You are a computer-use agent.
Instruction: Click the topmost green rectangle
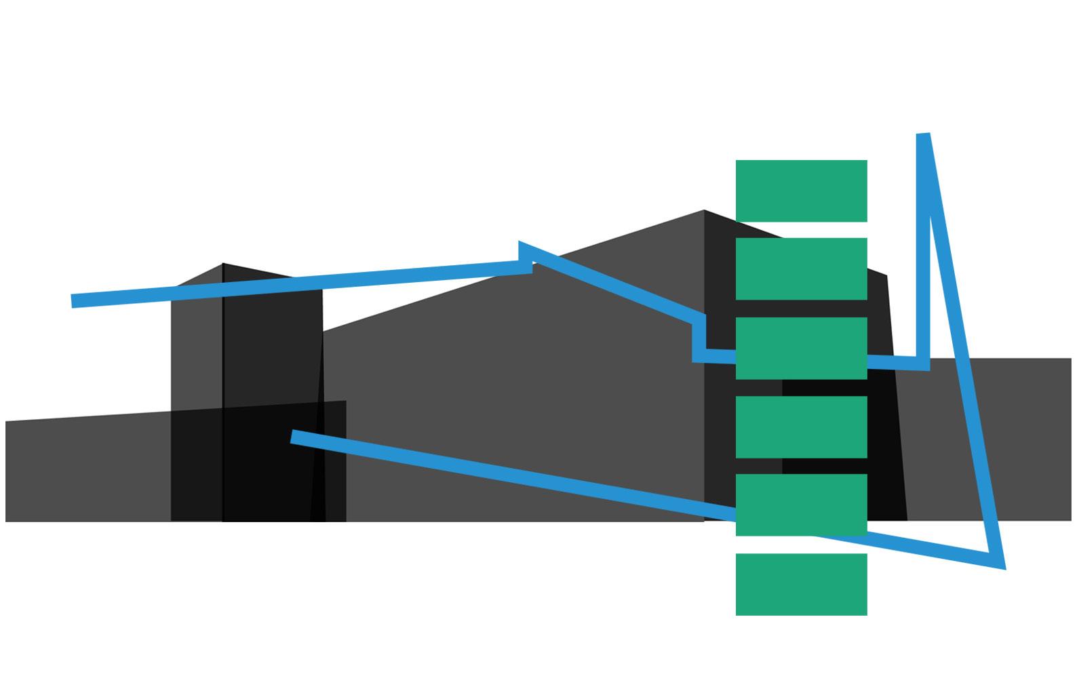[x=801, y=191]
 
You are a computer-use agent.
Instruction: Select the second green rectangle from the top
[x=801, y=269]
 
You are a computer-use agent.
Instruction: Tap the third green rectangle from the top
[x=801, y=348]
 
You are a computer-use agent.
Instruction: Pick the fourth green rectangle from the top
[x=801, y=427]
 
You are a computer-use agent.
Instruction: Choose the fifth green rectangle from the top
[x=801, y=505]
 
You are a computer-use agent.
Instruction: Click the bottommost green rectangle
[x=801, y=584]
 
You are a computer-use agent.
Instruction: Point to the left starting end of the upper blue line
[x=73, y=301]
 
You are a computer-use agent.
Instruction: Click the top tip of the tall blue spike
[x=923, y=136]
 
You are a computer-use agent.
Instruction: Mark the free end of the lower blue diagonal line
[x=292, y=436]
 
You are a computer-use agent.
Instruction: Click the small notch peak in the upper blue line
[x=521, y=244]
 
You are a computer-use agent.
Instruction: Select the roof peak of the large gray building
[x=703, y=211]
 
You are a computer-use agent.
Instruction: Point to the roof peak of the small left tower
[x=223, y=264]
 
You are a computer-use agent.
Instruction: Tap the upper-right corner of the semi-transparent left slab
[x=346, y=401]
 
